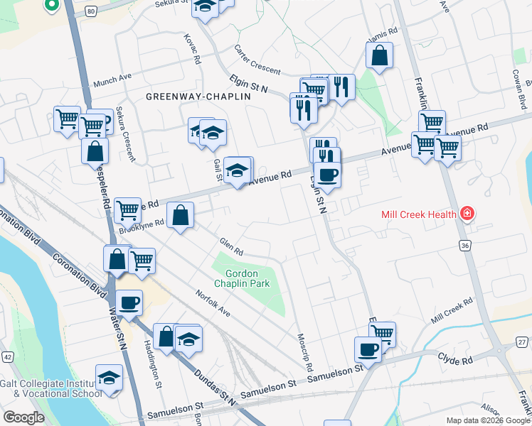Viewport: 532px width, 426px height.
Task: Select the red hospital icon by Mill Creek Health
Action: click(467, 213)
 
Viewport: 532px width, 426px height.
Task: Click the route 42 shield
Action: click(8, 356)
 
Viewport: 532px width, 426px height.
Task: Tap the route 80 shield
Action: click(90, 11)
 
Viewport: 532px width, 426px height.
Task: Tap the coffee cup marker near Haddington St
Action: click(129, 303)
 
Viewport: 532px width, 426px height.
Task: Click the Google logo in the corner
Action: click(23, 417)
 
